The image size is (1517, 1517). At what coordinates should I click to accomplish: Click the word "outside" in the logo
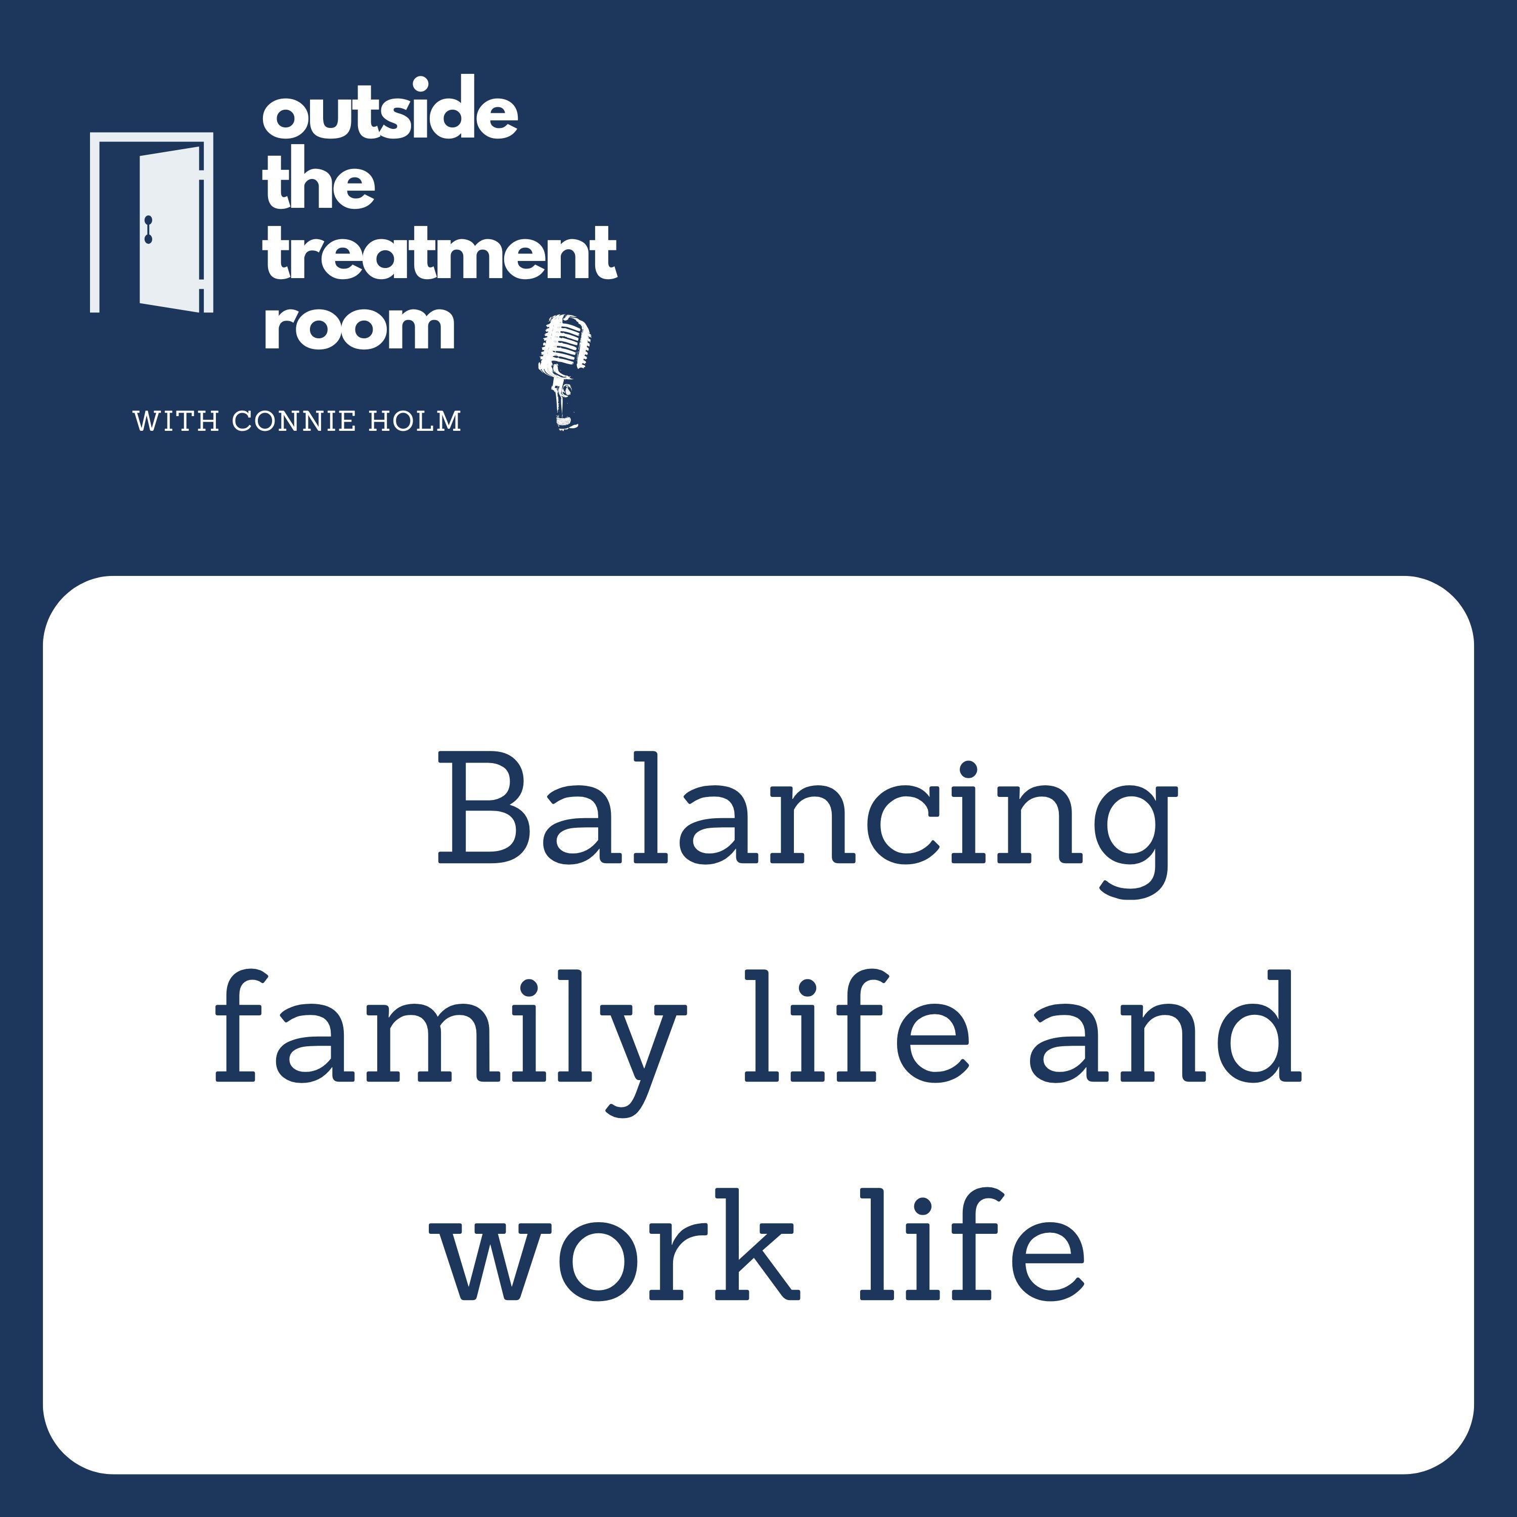pyautogui.click(x=390, y=109)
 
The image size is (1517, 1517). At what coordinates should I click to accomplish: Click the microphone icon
pyautogui.click(x=564, y=371)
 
